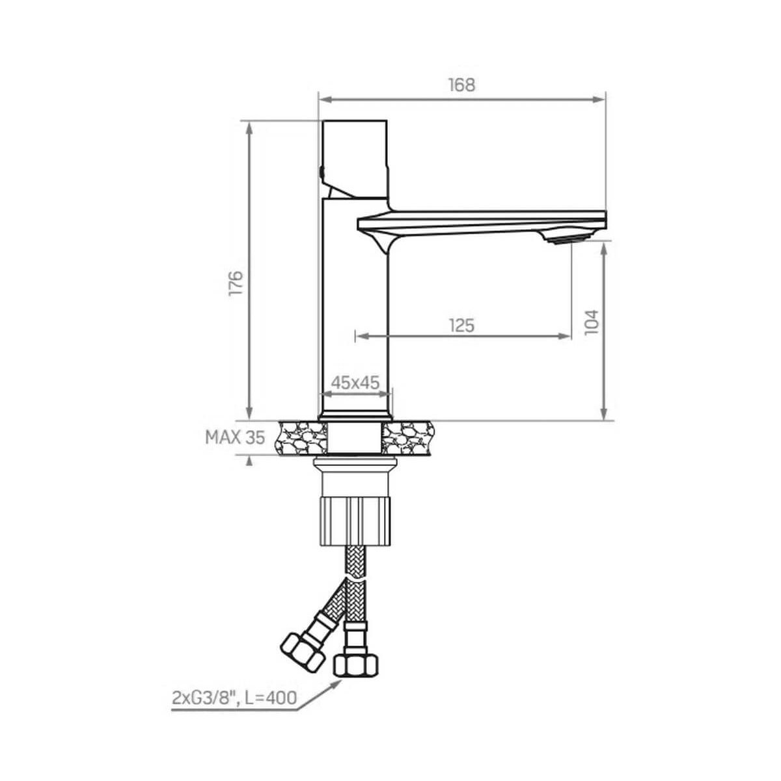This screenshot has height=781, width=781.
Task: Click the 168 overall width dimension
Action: pyautogui.click(x=461, y=85)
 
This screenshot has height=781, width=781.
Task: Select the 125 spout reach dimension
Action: pyautogui.click(x=461, y=325)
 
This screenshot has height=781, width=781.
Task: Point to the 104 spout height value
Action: pyautogui.click(x=592, y=322)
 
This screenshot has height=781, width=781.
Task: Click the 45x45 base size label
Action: pyautogui.click(x=355, y=382)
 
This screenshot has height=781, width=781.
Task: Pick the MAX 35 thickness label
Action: pyautogui.click(x=235, y=437)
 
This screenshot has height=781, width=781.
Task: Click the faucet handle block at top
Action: pyautogui.click(x=355, y=159)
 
